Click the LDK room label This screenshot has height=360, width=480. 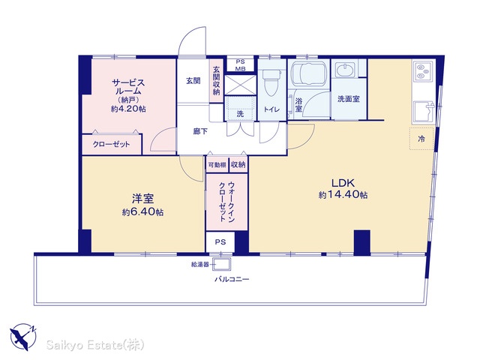pyautogui.click(x=343, y=183)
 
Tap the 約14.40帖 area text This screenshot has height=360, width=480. pyautogui.click(x=343, y=195)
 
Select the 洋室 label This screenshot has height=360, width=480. pyautogui.click(x=142, y=199)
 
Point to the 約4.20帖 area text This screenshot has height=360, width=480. pyautogui.click(x=128, y=109)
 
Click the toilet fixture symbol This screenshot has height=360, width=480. pyautogui.click(x=271, y=82)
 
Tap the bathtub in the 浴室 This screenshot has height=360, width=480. pyautogui.click(x=308, y=73)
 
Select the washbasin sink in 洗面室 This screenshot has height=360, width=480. pyautogui.click(x=346, y=70)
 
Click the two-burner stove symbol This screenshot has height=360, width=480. pyautogui.click(x=423, y=71)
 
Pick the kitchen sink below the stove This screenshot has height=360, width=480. pyautogui.click(x=424, y=112)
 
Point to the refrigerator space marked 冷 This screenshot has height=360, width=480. pyautogui.click(x=421, y=139)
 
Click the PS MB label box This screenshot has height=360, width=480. pyautogui.click(x=240, y=65)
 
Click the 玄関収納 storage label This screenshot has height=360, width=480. pyautogui.click(x=217, y=81)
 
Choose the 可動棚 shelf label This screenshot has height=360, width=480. pyautogui.click(x=217, y=165)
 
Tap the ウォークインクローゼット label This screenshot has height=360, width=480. pyautogui.click(x=226, y=202)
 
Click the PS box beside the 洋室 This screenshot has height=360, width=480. pyautogui.click(x=220, y=241)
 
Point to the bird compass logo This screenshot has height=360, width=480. pyautogui.click(x=23, y=337)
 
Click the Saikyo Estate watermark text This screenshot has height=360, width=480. pyautogui.click(x=95, y=345)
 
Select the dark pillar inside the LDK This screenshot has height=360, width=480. pyautogui.click(x=362, y=242)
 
